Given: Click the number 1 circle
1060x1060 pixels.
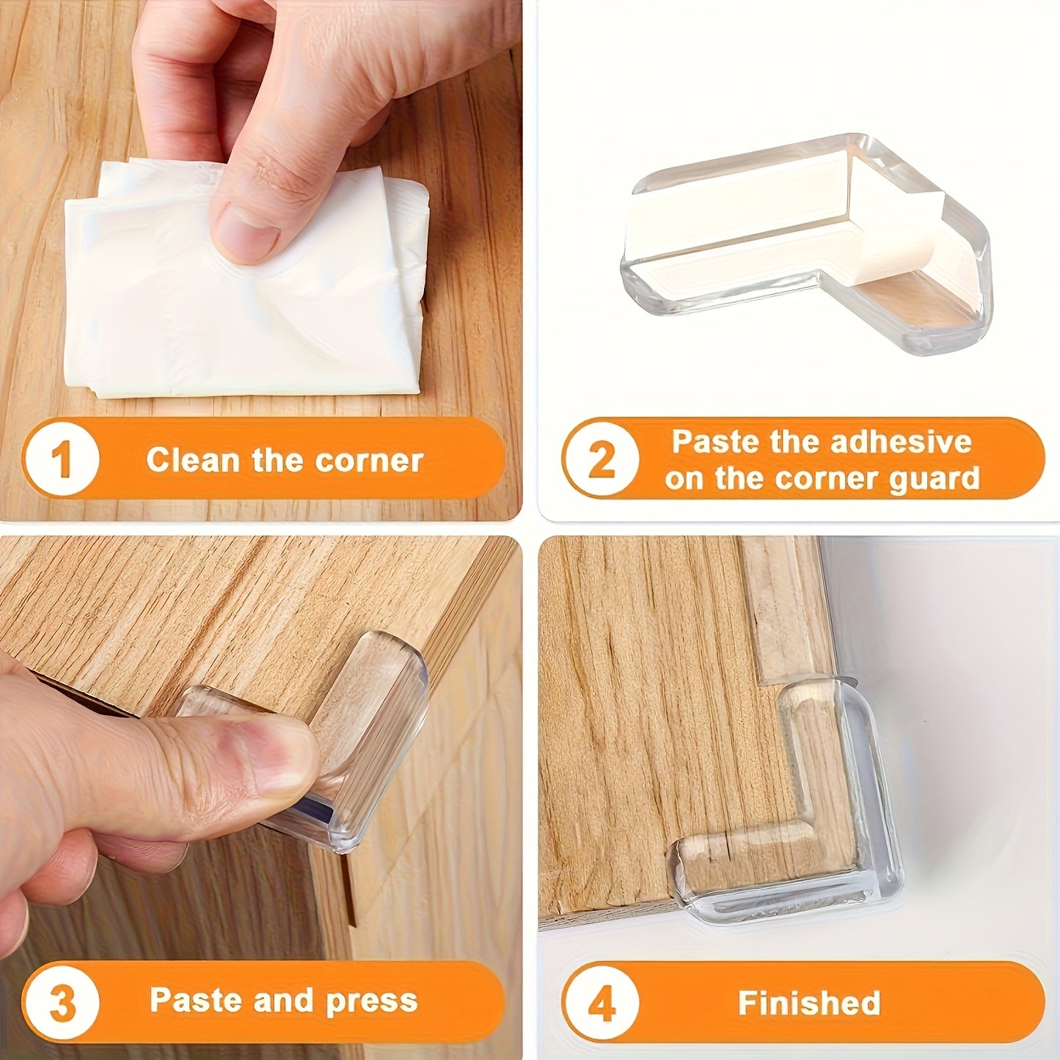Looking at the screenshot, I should (62, 460).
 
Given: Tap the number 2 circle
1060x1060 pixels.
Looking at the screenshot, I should (601, 460).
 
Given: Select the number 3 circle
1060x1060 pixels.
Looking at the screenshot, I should (62, 1003).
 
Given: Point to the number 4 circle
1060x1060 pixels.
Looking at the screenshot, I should (601, 1003).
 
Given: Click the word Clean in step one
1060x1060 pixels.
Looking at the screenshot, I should (192, 461).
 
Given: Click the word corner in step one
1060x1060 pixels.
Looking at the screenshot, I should (369, 461).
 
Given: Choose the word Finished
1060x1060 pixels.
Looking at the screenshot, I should (808, 1003).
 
